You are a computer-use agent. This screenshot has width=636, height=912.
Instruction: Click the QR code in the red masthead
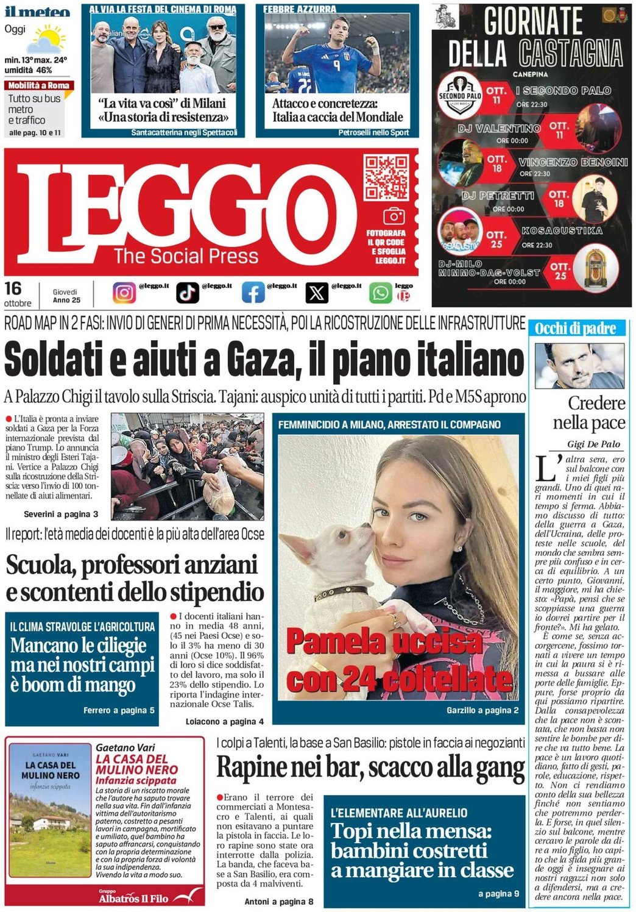[386, 177]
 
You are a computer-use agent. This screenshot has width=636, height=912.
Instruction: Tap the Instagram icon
[124, 293]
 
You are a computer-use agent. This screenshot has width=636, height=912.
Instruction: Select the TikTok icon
[188, 293]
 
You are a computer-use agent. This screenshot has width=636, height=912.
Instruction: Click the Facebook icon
[253, 293]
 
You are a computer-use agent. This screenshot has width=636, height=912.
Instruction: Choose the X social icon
[317, 293]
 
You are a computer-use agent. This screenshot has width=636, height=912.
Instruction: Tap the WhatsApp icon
[380, 293]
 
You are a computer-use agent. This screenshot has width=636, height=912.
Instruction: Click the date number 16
[13, 288]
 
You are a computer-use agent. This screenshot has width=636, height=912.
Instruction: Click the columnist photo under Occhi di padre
[579, 366]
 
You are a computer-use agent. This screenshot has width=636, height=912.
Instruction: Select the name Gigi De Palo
[593, 444]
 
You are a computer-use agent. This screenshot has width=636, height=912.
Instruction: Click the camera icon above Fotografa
[394, 216]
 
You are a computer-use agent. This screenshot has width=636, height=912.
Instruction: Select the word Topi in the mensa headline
[352, 831]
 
